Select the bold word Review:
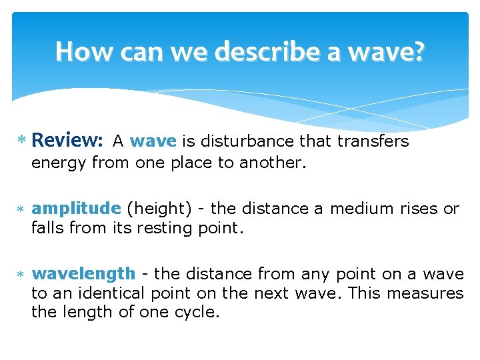(67, 141)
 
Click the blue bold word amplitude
(76, 209)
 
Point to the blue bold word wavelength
(83, 274)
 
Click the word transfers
(373, 141)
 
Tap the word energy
(59, 162)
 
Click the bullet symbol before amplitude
(22, 209)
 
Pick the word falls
(47, 228)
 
